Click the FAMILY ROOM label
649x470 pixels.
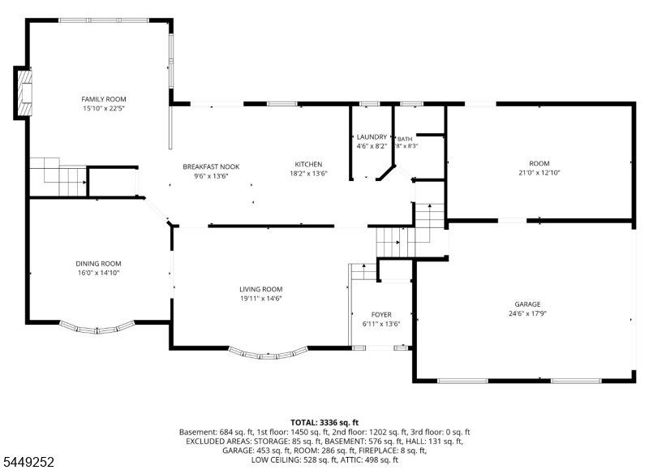[x=104, y=99]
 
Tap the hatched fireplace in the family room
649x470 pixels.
[x=25, y=93]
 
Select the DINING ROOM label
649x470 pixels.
[x=98, y=263]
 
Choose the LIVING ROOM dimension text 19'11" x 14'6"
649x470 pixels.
[x=260, y=298]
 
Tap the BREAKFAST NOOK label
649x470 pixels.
[x=211, y=166]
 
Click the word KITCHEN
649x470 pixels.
[x=308, y=164]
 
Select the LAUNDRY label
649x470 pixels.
[x=372, y=136]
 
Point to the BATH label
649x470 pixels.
[x=405, y=139]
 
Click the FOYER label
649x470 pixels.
[x=381, y=314]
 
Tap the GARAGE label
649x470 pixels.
[x=528, y=304]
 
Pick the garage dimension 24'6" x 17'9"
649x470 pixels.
[x=528, y=313]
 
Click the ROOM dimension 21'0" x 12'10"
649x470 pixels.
[x=539, y=173]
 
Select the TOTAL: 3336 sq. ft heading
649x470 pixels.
[x=324, y=422]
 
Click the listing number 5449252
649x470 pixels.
[x=29, y=462]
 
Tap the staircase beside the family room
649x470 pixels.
[x=58, y=176]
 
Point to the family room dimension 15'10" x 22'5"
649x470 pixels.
[x=104, y=109]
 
